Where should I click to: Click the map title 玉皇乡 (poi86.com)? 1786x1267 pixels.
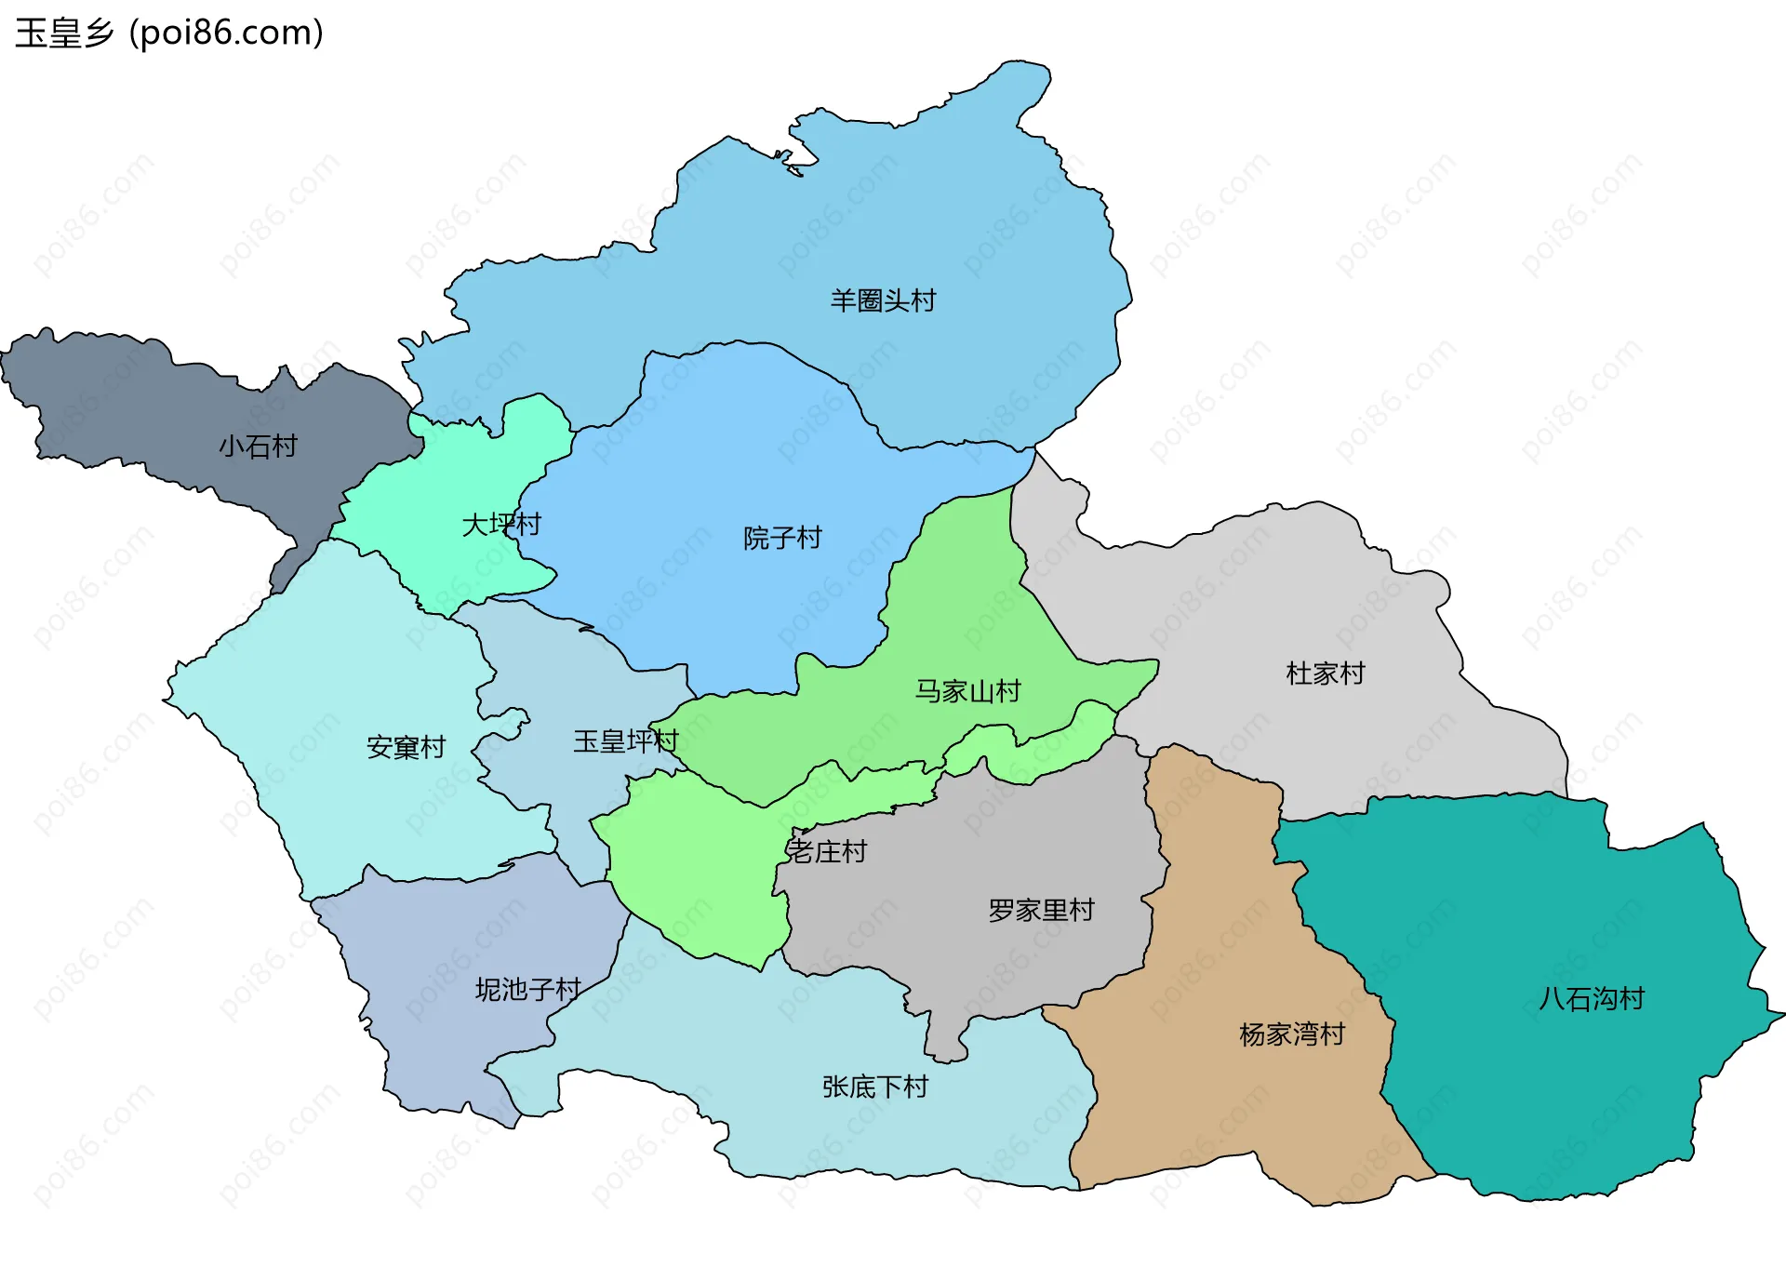[x=169, y=33]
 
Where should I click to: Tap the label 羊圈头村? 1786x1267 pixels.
[x=883, y=300]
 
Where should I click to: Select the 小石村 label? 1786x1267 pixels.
[x=258, y=447]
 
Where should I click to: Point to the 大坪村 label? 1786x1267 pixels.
[x=501, y=525]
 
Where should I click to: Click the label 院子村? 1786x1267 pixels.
[x=782, y=538]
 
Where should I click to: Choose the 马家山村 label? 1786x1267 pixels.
[x=967, y=691]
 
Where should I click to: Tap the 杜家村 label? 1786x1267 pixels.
[x=1325, y=674]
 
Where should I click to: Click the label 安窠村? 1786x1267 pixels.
[x=406, y=747]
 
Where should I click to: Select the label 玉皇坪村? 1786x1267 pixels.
[x=625, y=741]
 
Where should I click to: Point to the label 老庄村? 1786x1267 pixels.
[x=827, y=851]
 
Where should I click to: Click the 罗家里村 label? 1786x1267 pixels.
[x=1041, y=910]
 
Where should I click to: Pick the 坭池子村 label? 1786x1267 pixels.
[x=527, y=989]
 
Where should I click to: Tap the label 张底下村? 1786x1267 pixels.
[x=874, y=1087]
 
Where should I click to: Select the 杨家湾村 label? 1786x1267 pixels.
[x=1292, y=1034]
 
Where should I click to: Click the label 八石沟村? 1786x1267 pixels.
[x=1592, y=999]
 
